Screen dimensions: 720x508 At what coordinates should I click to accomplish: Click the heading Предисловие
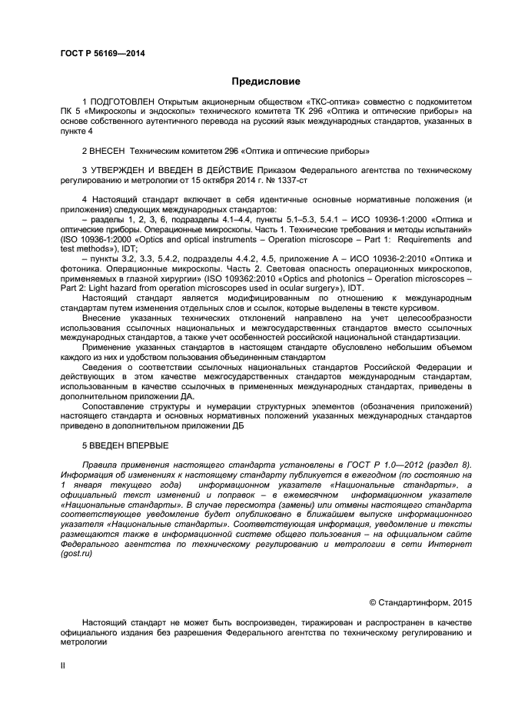265,80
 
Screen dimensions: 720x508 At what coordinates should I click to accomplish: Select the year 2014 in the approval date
260,178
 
